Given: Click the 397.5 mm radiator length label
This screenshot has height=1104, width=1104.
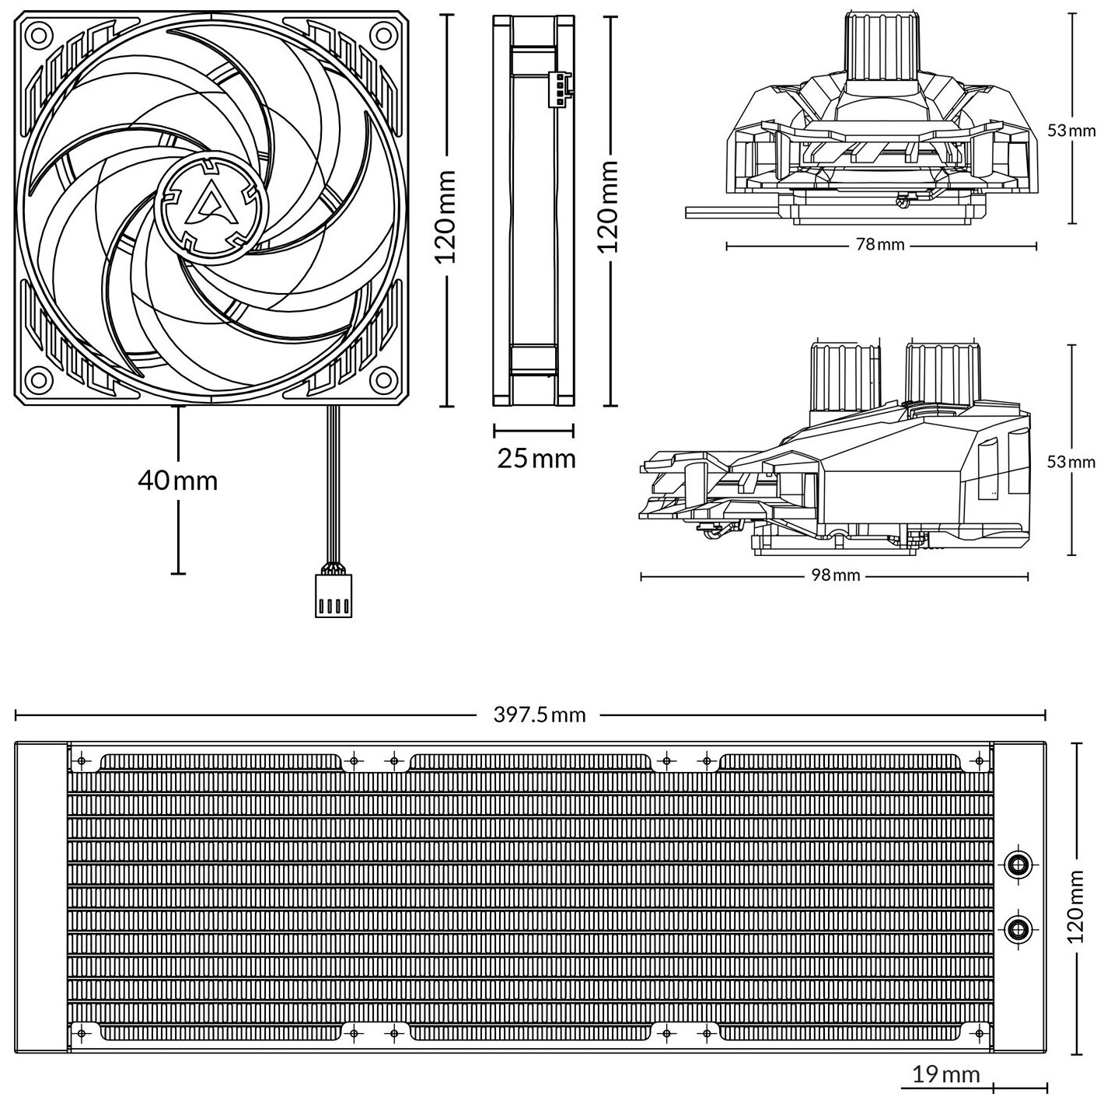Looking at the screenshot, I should pyautogui.click(x=540, y=714).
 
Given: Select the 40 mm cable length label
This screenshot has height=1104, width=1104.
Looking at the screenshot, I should pyautogui.click(x=177, y=481).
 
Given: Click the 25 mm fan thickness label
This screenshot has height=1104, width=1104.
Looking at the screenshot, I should pyautogui.click(x=536, y=458).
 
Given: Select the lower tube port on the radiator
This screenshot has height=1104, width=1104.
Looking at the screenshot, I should pyautogui.click(x=1017, y=927).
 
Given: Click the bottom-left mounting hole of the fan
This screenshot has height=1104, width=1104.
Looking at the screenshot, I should pyautogui.click(x=37, y=379).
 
